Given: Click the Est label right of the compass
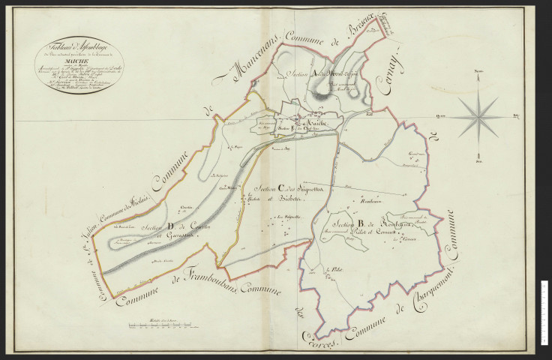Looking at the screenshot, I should coord(516,115).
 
